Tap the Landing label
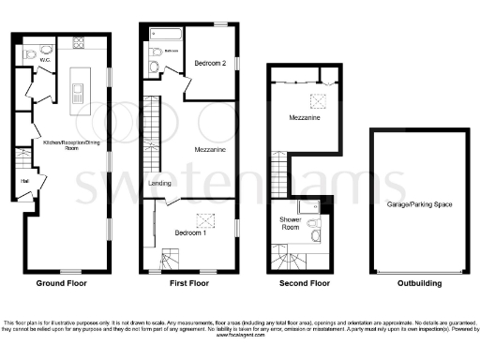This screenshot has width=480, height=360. click(158, 183)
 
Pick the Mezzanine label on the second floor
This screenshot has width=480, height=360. click(305, 119)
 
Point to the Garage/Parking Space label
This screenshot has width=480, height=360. click(419, 203)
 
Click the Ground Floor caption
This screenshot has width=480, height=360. click(61, 282)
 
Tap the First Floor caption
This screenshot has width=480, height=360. click(187, 282)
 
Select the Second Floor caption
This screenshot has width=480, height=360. click(304, 282)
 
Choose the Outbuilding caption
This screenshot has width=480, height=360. click(418, 282)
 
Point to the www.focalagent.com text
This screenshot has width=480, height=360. click(240, 337)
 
